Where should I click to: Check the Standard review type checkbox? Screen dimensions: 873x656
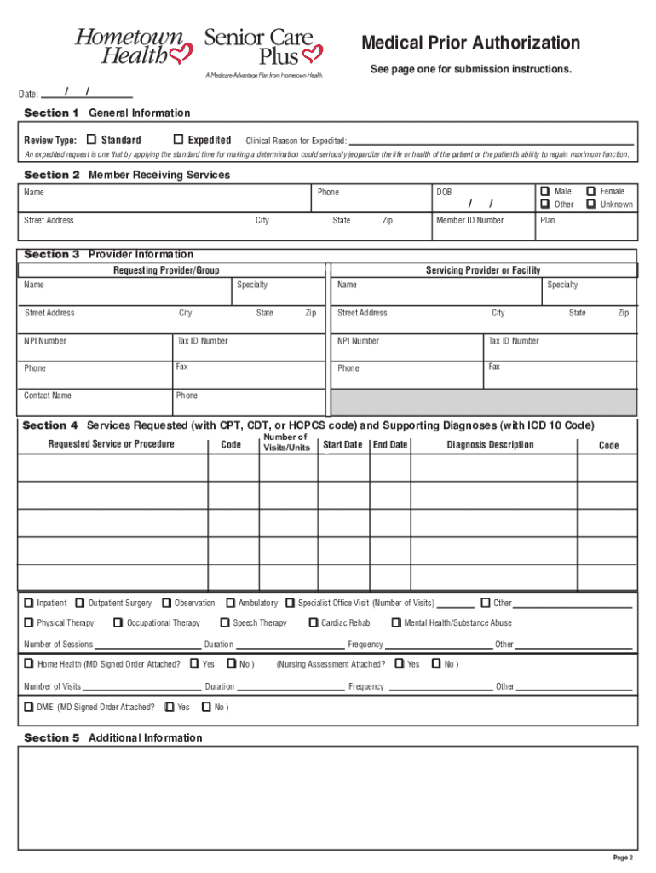[91, 139]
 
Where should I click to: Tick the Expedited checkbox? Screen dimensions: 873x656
[178, 139]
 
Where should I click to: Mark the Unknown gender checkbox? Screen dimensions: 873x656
[591, 204]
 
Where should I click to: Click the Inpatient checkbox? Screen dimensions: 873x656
[28, 603]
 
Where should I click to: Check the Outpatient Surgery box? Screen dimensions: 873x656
[80, 603]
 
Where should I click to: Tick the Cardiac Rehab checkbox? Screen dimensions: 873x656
[313, 622]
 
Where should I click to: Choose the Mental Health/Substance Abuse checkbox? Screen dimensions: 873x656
[396, 622]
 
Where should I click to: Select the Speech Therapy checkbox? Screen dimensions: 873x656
[225, 622]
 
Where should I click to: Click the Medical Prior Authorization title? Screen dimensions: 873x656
[470, 43]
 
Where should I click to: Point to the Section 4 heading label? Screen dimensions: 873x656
[50, 425]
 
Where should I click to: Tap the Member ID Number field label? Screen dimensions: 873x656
[469, 220]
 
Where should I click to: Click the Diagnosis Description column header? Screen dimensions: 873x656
[490, 444]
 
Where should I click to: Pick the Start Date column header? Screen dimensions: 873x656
[342, 444]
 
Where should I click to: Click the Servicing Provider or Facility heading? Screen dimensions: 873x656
[483, 270]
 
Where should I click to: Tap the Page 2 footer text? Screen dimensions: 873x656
[623, 858]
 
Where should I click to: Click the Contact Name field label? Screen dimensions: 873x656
[48, 396]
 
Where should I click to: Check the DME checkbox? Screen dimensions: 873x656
[28, 707]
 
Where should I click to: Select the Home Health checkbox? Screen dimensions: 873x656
[28, 663]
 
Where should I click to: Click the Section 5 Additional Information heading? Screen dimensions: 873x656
[113, 737]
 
